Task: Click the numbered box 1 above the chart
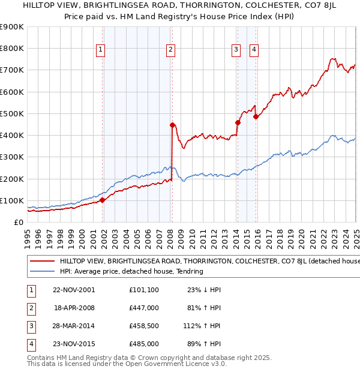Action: tap(100, 50)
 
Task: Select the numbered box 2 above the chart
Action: tap(171, 50)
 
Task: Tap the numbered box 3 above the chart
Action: tap(236, 50)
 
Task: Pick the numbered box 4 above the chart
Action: tap(254, 50)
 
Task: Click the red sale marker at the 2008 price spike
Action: tap(173, 125)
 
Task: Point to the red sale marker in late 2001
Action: tap(102, 200)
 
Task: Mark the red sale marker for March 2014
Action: tap(238, 122)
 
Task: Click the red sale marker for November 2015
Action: tap(256, 116)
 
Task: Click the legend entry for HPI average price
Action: tap(131, 271)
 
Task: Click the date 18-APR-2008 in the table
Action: tap(74, 307)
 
